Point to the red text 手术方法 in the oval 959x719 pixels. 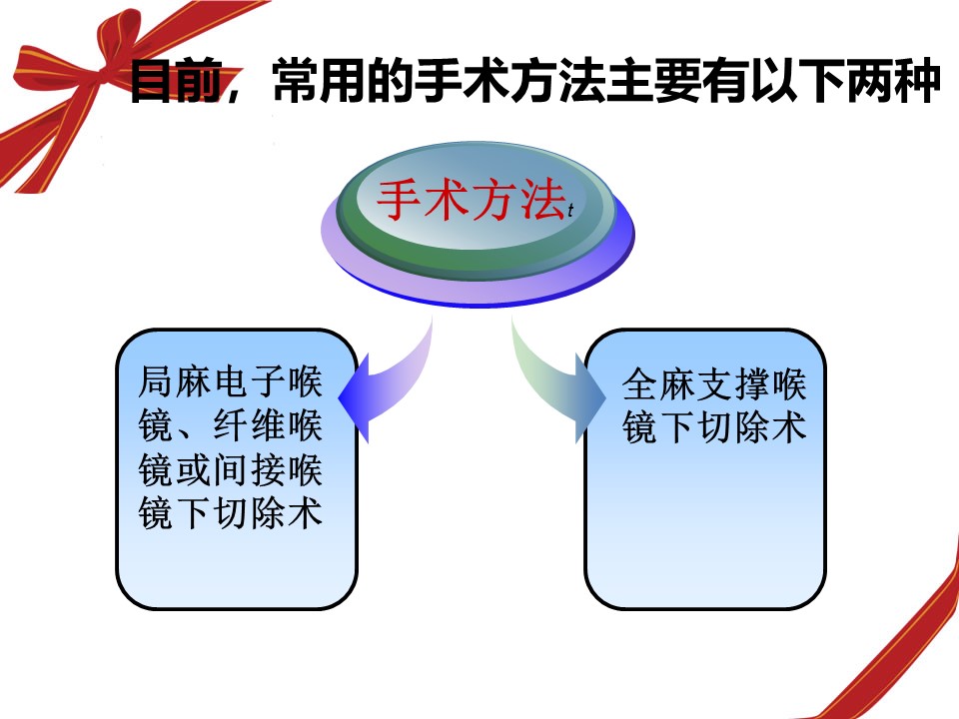[x=471, y=200]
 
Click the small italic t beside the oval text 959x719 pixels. [x=570, y=210]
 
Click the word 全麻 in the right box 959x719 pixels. [x=659, y=383]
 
